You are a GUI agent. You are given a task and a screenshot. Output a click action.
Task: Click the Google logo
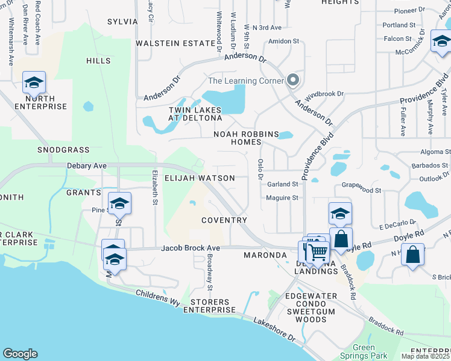pyautogui.click(x=20, y=354)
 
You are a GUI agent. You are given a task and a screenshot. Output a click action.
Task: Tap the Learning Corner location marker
pyautogui.click(x=293, y=80)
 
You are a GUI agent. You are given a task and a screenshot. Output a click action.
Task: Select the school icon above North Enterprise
pyautogui.click(x=34, y=82)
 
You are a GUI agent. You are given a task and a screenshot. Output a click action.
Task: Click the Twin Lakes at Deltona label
pyautogui.click(x=195, y=114)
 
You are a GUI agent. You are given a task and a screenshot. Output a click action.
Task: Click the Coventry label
pyautogui.click(x=224, y=220)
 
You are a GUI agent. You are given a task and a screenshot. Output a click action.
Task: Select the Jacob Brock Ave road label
pyautogui.click(x=190, y=248)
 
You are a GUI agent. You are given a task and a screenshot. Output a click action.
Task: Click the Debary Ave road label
pyautogui.click(x=87, y=165)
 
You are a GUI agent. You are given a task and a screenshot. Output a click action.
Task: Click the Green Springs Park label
pyautogui.click(x=364, y=352)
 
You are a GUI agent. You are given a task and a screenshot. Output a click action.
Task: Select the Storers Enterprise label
pyautogui.click(x=209, y=306)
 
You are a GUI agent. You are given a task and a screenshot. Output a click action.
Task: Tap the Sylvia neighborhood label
pyautogui.click(x=122, y=22)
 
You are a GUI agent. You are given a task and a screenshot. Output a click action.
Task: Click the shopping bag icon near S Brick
pyautogui.click(x=413, y=254)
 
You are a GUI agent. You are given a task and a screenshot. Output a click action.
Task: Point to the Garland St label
pyautogui.click(x=283, y=184)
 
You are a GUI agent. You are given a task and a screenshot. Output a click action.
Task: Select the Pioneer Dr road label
pyautogui.click(x=409, y=11)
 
